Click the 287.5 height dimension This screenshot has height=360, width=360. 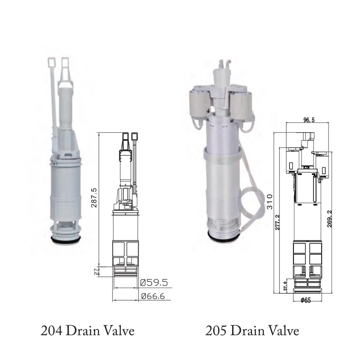pyautogui.click(x=94, y=198)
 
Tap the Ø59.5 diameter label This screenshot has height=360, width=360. pyautogui.click(x=154, y=283)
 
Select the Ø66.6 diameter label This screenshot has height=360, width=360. pyautogui.click(x=153, y=296)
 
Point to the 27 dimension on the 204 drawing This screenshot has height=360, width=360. pyautogui.click(x=96, y=272)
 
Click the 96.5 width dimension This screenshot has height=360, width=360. pyautogui.click(x=309, y=120)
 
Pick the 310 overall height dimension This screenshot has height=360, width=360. pyautogui.click(x=270, y=202)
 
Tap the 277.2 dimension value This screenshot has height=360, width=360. pyautogui.click(x=278, y=222)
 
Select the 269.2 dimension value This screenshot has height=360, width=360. pyautogui.click(x=329, y=219)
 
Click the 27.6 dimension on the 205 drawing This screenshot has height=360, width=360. pyautogui.click(x=285, y=286)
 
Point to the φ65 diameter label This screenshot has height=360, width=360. pyautogui.click(x=306, y=300)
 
